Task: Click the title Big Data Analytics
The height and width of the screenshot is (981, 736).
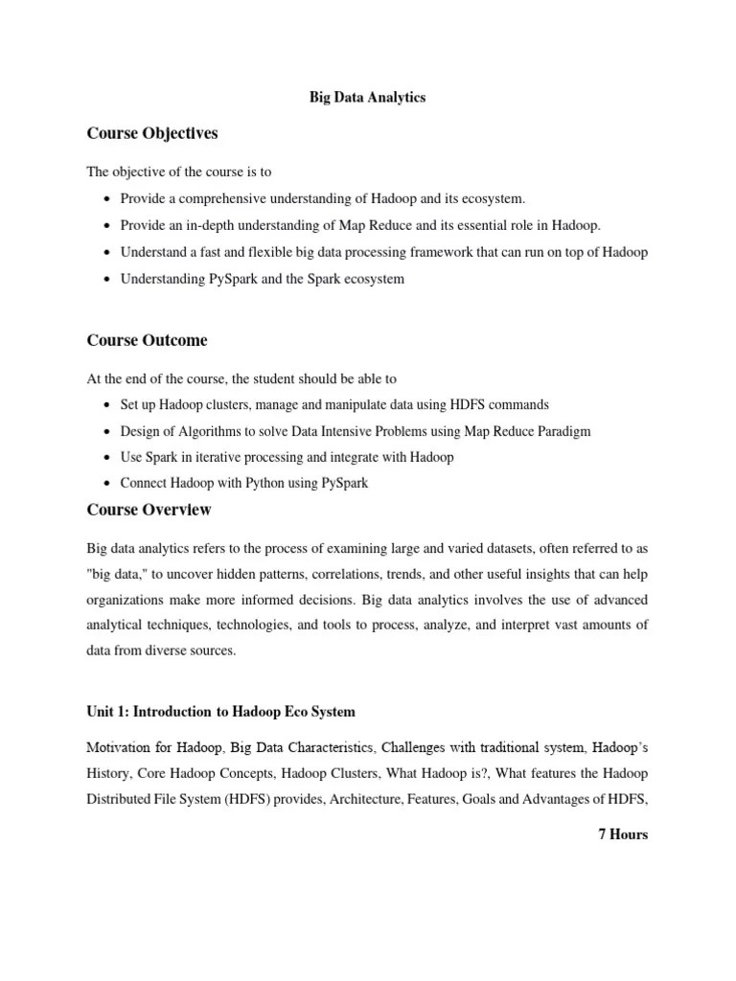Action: (x=367, y=97)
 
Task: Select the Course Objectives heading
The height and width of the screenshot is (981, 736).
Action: (x=152, y=134)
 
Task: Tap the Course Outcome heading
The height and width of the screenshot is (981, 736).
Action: (x=147, y=340)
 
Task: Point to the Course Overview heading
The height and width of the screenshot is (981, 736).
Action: (x=149, y=510)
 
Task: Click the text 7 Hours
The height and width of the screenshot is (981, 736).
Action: (x=622, y=834)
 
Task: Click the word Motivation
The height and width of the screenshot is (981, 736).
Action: (x=119, y=745)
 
